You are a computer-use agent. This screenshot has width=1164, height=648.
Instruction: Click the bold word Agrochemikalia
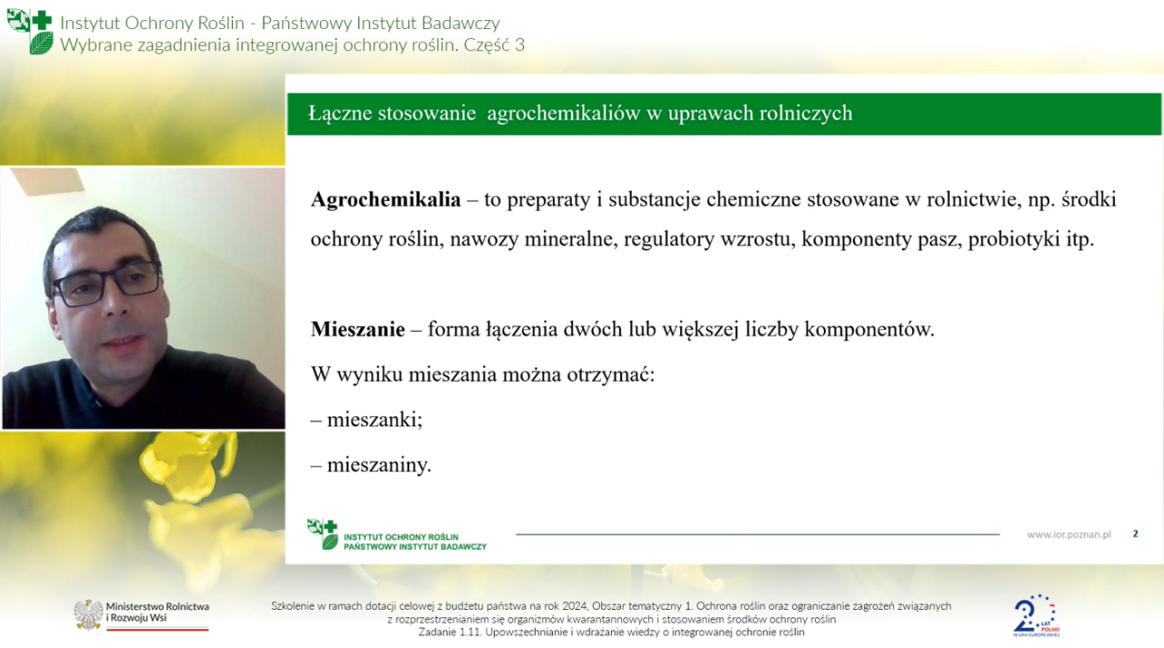click(x=386, y=200)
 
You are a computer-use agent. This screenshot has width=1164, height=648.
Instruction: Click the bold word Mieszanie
click(x=357, y=329)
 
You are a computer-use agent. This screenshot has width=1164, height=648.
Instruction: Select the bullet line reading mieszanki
click(x=366, y=420)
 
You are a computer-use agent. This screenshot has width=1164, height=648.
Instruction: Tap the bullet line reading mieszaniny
click(x=371, y=464)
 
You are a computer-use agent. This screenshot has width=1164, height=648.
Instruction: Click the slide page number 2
click(x=1136, y=533)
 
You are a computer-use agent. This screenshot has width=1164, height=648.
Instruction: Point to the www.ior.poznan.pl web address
click(x=1069, y=534)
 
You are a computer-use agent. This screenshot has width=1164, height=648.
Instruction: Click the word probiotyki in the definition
click(x=1013, y=239)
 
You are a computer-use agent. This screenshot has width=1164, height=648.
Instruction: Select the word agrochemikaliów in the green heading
click(x=563, y=114)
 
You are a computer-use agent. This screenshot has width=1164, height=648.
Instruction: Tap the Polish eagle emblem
click(x=88, y=614)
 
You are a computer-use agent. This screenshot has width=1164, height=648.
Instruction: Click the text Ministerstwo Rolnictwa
click(x=157, y=606)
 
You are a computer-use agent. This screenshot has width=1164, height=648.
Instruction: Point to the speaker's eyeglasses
click(x=106, y=284)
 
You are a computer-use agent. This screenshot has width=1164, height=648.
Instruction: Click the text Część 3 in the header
click(x=494, y=45)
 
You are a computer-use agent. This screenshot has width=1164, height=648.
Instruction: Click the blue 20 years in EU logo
click(x=1036, y=616)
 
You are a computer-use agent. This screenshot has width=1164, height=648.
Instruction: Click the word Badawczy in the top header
click(x=460, y=23)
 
